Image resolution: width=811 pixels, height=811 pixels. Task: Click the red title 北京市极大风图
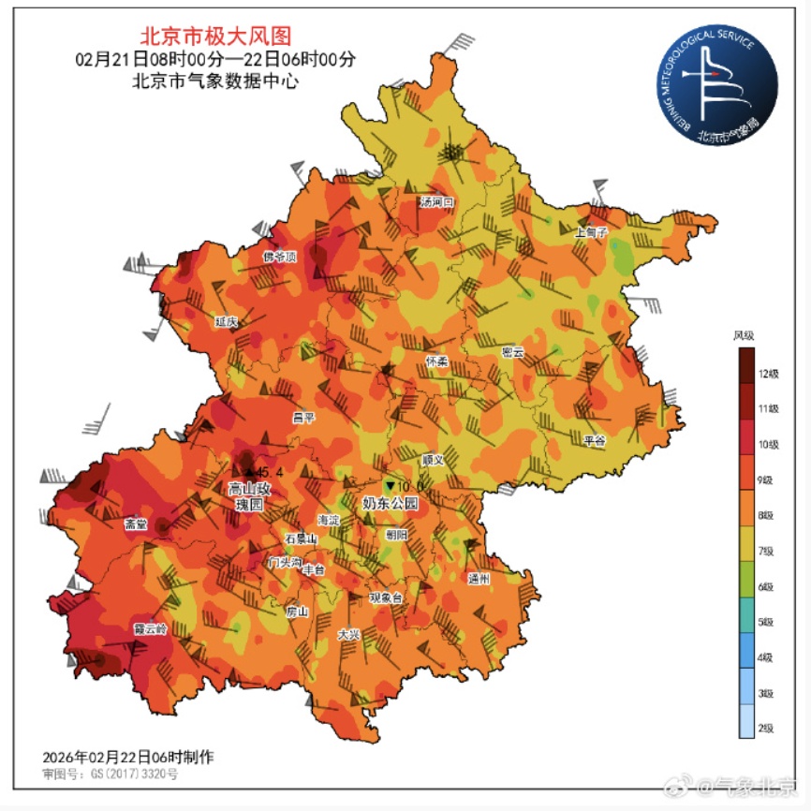click(x=216, y=37)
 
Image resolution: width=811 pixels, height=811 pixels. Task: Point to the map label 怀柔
click(x=436, y=361)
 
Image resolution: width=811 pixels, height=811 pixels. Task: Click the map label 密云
click(x=512, y=352)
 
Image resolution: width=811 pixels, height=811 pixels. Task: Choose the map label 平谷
click(x=595, y=439)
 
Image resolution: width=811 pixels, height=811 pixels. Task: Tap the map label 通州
click(x=479, y=579)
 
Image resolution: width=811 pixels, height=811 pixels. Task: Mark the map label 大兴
click(x=348, y=634)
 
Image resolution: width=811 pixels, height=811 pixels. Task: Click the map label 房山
click(x=297, y=612)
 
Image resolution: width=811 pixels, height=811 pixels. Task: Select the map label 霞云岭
click(x=150, y=629)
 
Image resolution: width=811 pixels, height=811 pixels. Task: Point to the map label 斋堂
click(x=136, y=524)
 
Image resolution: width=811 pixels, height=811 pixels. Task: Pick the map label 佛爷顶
click(x=279, y=256)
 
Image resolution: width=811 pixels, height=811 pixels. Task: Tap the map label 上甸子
click(x=593, y=231)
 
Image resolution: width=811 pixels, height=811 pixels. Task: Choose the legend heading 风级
click(x=744, y=334)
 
